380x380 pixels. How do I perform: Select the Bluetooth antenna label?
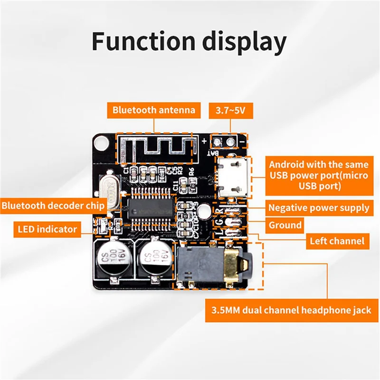click(154, 110)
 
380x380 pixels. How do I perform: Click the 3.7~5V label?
click(231, 111)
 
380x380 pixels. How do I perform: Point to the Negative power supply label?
click(319, 208)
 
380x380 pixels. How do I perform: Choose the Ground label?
click(285, 225)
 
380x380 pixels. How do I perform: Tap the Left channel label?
click(337, 241)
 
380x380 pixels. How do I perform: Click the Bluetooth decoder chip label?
click(53, 206)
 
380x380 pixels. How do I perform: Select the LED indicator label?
click(47, 229)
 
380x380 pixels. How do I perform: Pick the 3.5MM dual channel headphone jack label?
click(288, 311)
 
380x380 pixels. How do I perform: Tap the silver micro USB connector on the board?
click(233, 179)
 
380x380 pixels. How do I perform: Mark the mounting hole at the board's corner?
click(100, 141)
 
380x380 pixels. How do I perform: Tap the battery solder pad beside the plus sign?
click(218, 142)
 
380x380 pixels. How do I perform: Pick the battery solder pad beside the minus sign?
click(231, 142)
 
